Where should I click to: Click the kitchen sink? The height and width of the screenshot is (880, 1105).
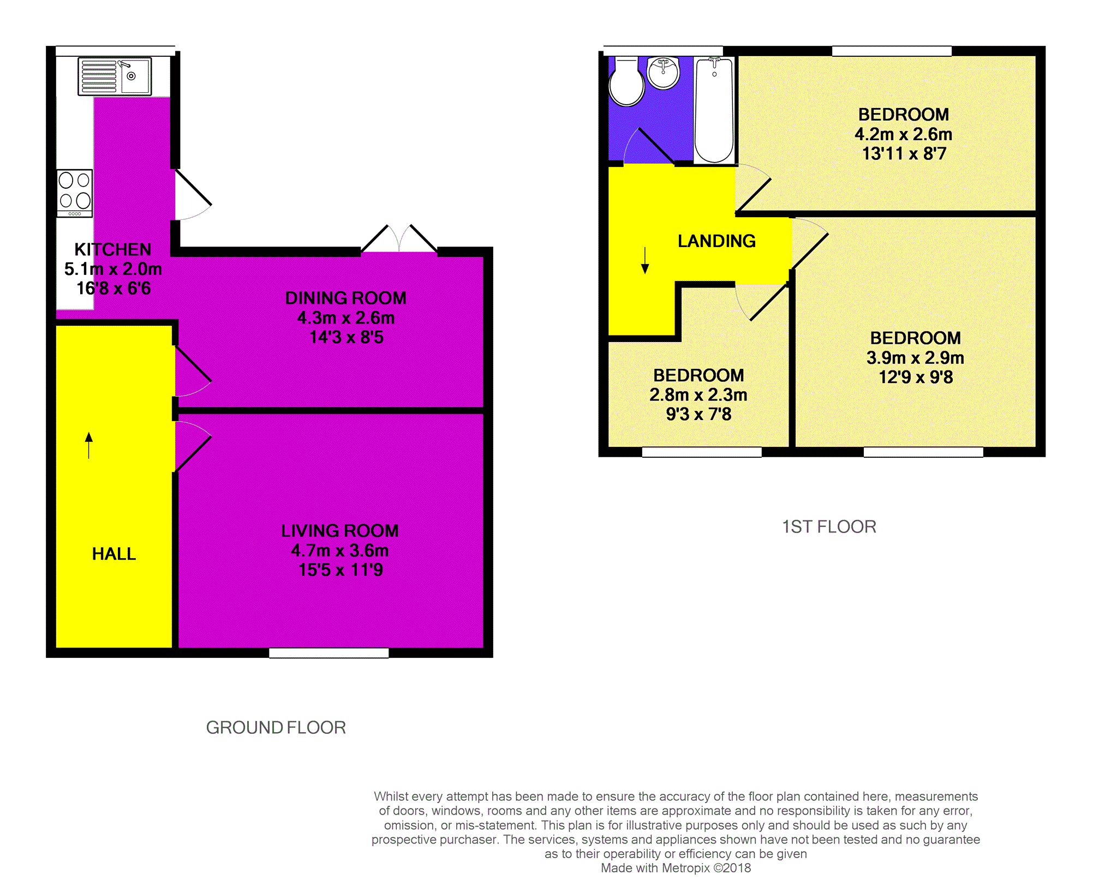[115, 76]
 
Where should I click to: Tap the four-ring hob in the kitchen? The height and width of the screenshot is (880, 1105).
[75, 193]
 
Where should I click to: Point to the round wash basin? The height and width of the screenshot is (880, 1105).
[663, 73]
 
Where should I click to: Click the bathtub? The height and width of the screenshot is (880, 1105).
[714, 110]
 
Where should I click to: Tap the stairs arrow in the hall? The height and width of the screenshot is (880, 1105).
[89, 445]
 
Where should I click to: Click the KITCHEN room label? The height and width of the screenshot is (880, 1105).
[113, 249]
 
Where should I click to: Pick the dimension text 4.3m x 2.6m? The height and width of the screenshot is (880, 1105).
[346, 318]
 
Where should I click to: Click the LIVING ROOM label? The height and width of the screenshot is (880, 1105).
[340, 530]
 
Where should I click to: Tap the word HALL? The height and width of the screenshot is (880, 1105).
[114, 554]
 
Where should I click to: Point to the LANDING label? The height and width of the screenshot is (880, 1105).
[716, 241]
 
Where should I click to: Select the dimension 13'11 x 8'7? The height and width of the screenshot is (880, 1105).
[904, 154]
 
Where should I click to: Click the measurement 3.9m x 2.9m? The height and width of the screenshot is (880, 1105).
[915, 357]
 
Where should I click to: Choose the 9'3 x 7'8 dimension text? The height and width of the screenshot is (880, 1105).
[698, 414]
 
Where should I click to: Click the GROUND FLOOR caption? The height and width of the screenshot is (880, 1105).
[276, 727]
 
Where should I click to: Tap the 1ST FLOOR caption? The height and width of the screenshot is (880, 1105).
[829, 526]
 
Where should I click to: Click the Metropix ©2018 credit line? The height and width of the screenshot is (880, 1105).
[676, 868]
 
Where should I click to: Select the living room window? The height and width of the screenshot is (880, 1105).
[329, 652]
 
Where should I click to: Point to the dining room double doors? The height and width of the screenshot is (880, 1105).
[399, 240]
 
